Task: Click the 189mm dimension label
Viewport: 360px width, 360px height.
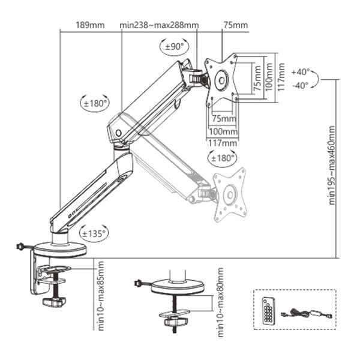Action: point(90,25)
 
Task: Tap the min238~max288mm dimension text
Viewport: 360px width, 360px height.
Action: point(159,25)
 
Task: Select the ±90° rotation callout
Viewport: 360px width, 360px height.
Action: point(175,47)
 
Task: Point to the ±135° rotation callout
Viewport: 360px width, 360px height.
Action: point(94,234)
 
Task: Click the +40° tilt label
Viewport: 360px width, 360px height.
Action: point(301,72)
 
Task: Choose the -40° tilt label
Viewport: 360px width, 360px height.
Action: point(301,85)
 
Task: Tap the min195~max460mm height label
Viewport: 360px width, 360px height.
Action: point(332,165)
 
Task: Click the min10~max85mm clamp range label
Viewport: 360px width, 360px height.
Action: point(101,296)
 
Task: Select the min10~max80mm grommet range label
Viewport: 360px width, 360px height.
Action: point(220,302)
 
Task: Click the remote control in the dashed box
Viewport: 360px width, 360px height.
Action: point(269,311)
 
